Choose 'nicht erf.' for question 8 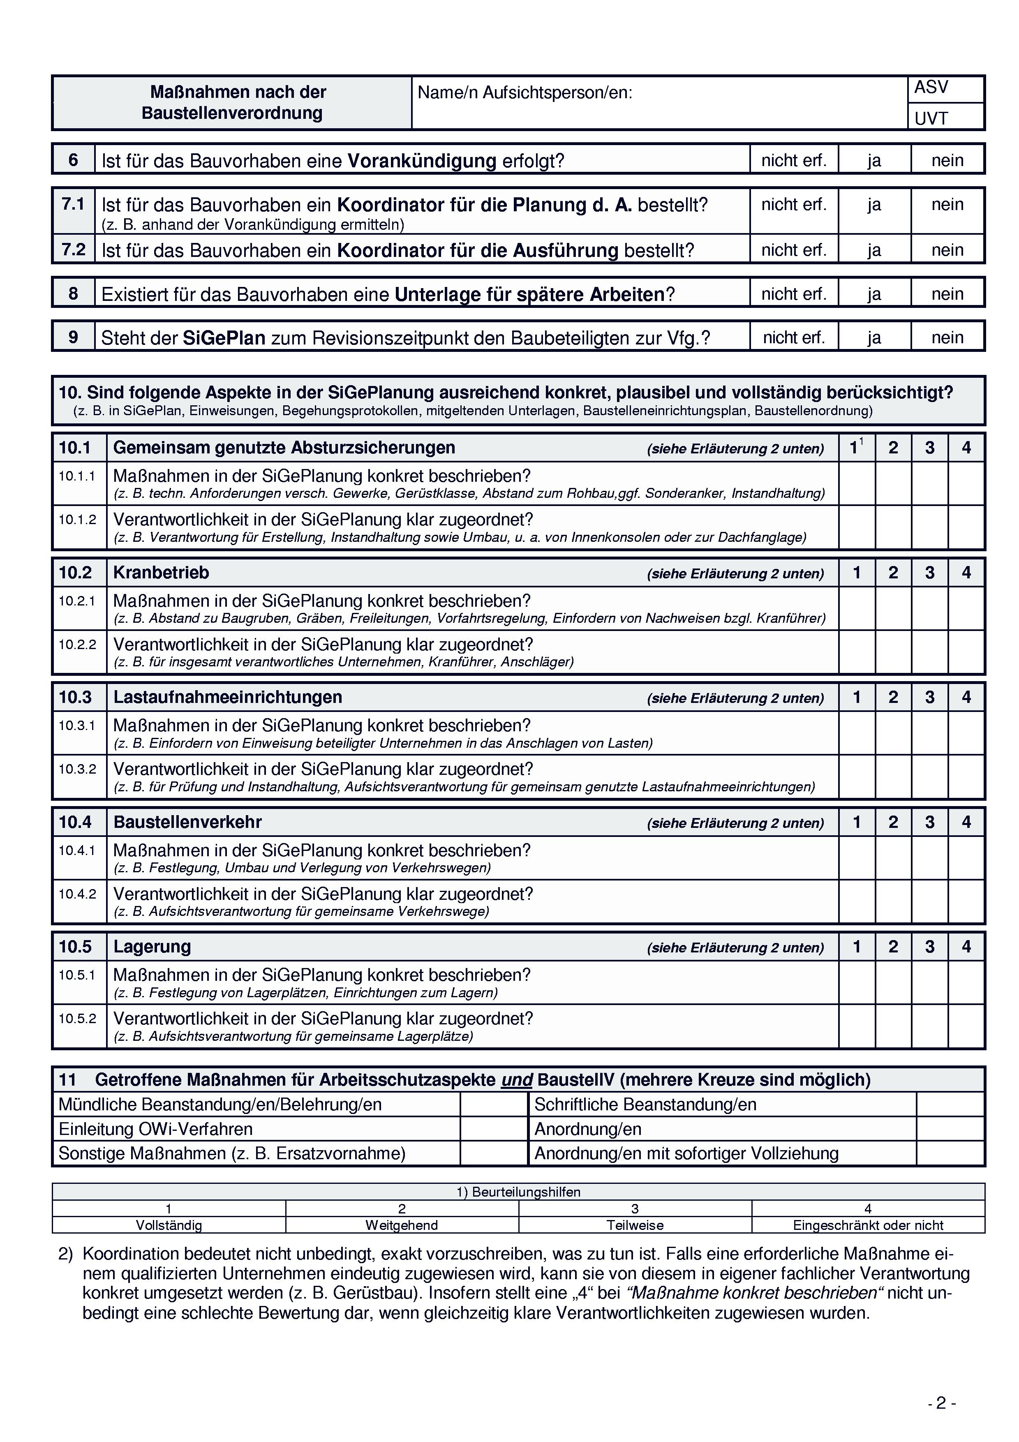(x=794, y=293)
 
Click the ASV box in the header (x=945, y=88)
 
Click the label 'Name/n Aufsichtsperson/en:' (x=525, y=93)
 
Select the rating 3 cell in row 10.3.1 (x=929, y=733)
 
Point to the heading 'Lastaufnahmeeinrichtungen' (x=227, y=697)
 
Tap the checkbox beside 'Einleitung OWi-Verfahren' (x=494, y=1129)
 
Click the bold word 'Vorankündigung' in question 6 (x=422, y=161)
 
